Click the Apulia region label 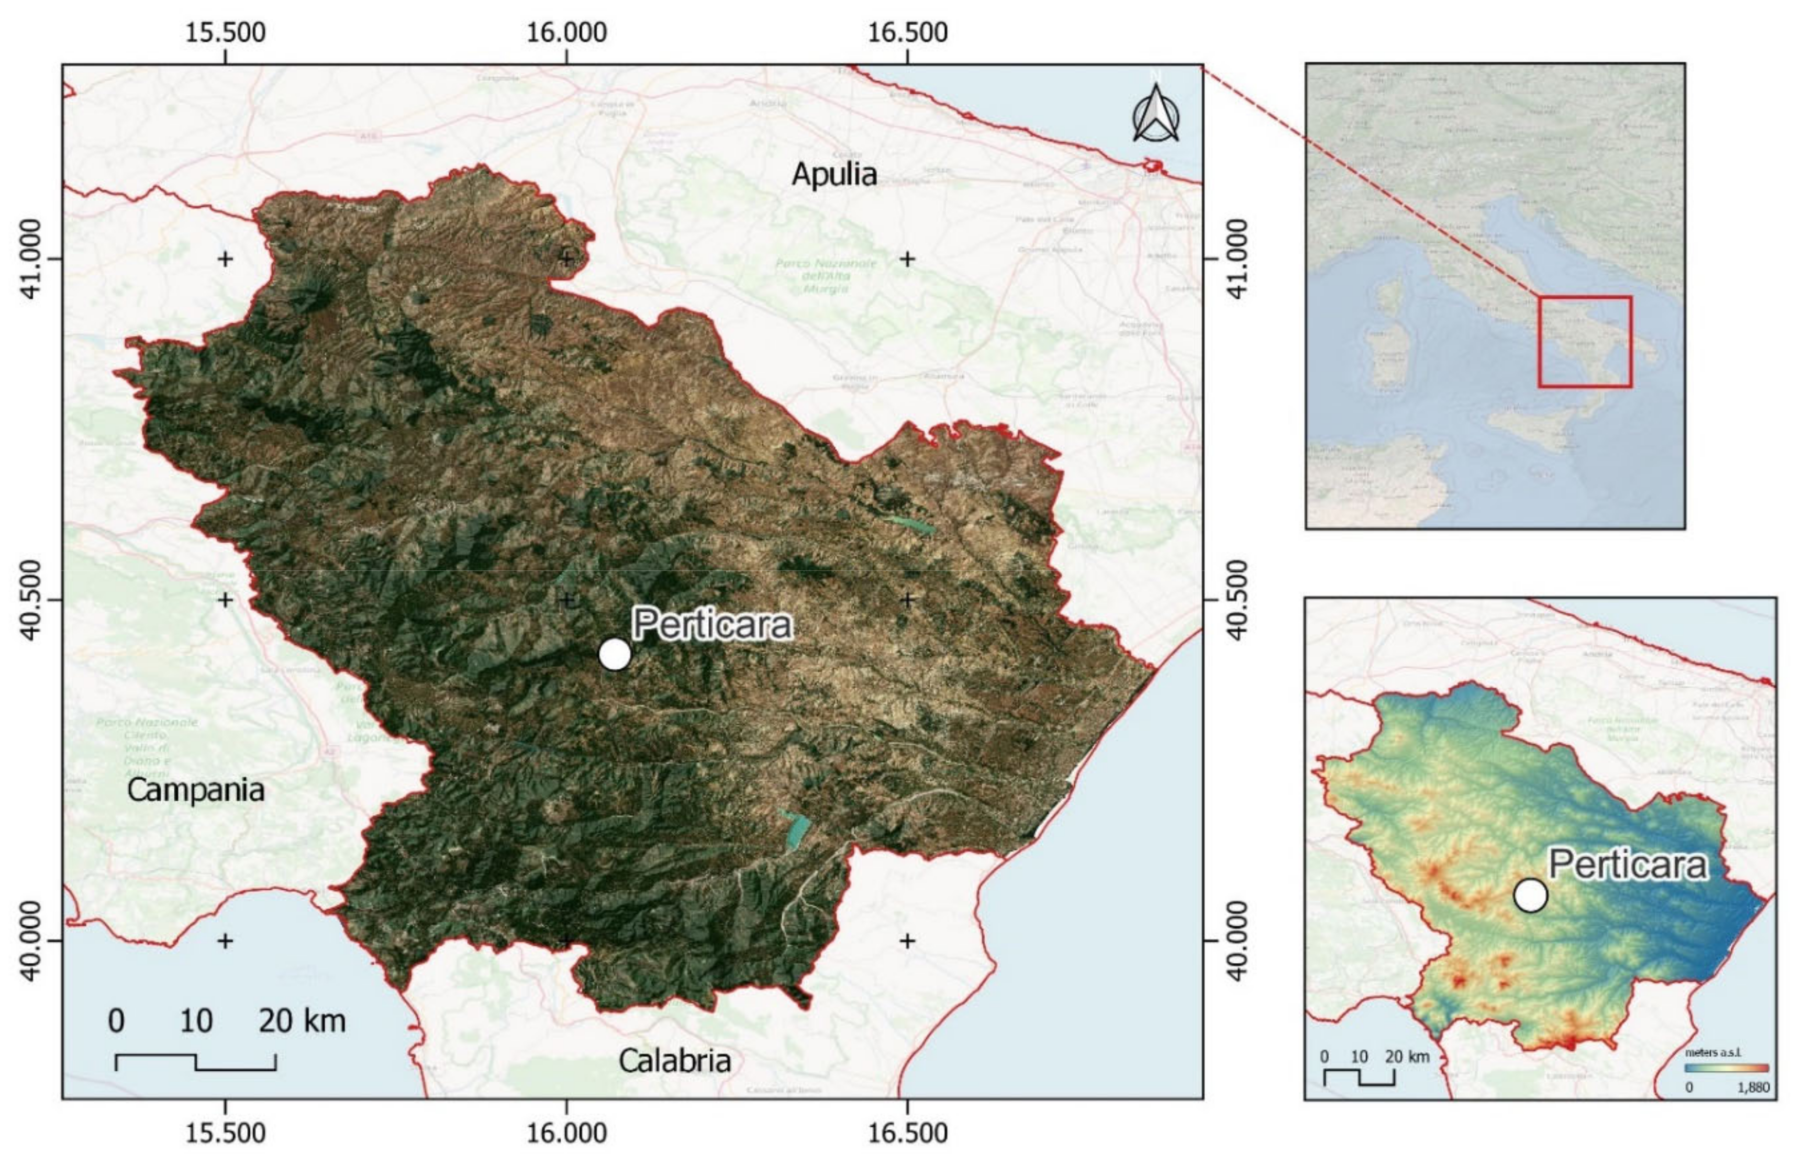pos(834,174)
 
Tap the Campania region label pos(195,790)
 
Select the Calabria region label pos(674,1060)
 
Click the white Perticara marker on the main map pos(614,654)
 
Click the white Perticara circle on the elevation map pos(1530,895)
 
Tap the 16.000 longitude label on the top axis pos(566,32)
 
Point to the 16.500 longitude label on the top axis pos(907,32)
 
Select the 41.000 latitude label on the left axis pos(30,259)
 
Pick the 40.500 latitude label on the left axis pos(30,600)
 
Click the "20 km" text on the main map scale pos(302,1022)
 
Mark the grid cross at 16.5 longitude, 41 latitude pos(907,259)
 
